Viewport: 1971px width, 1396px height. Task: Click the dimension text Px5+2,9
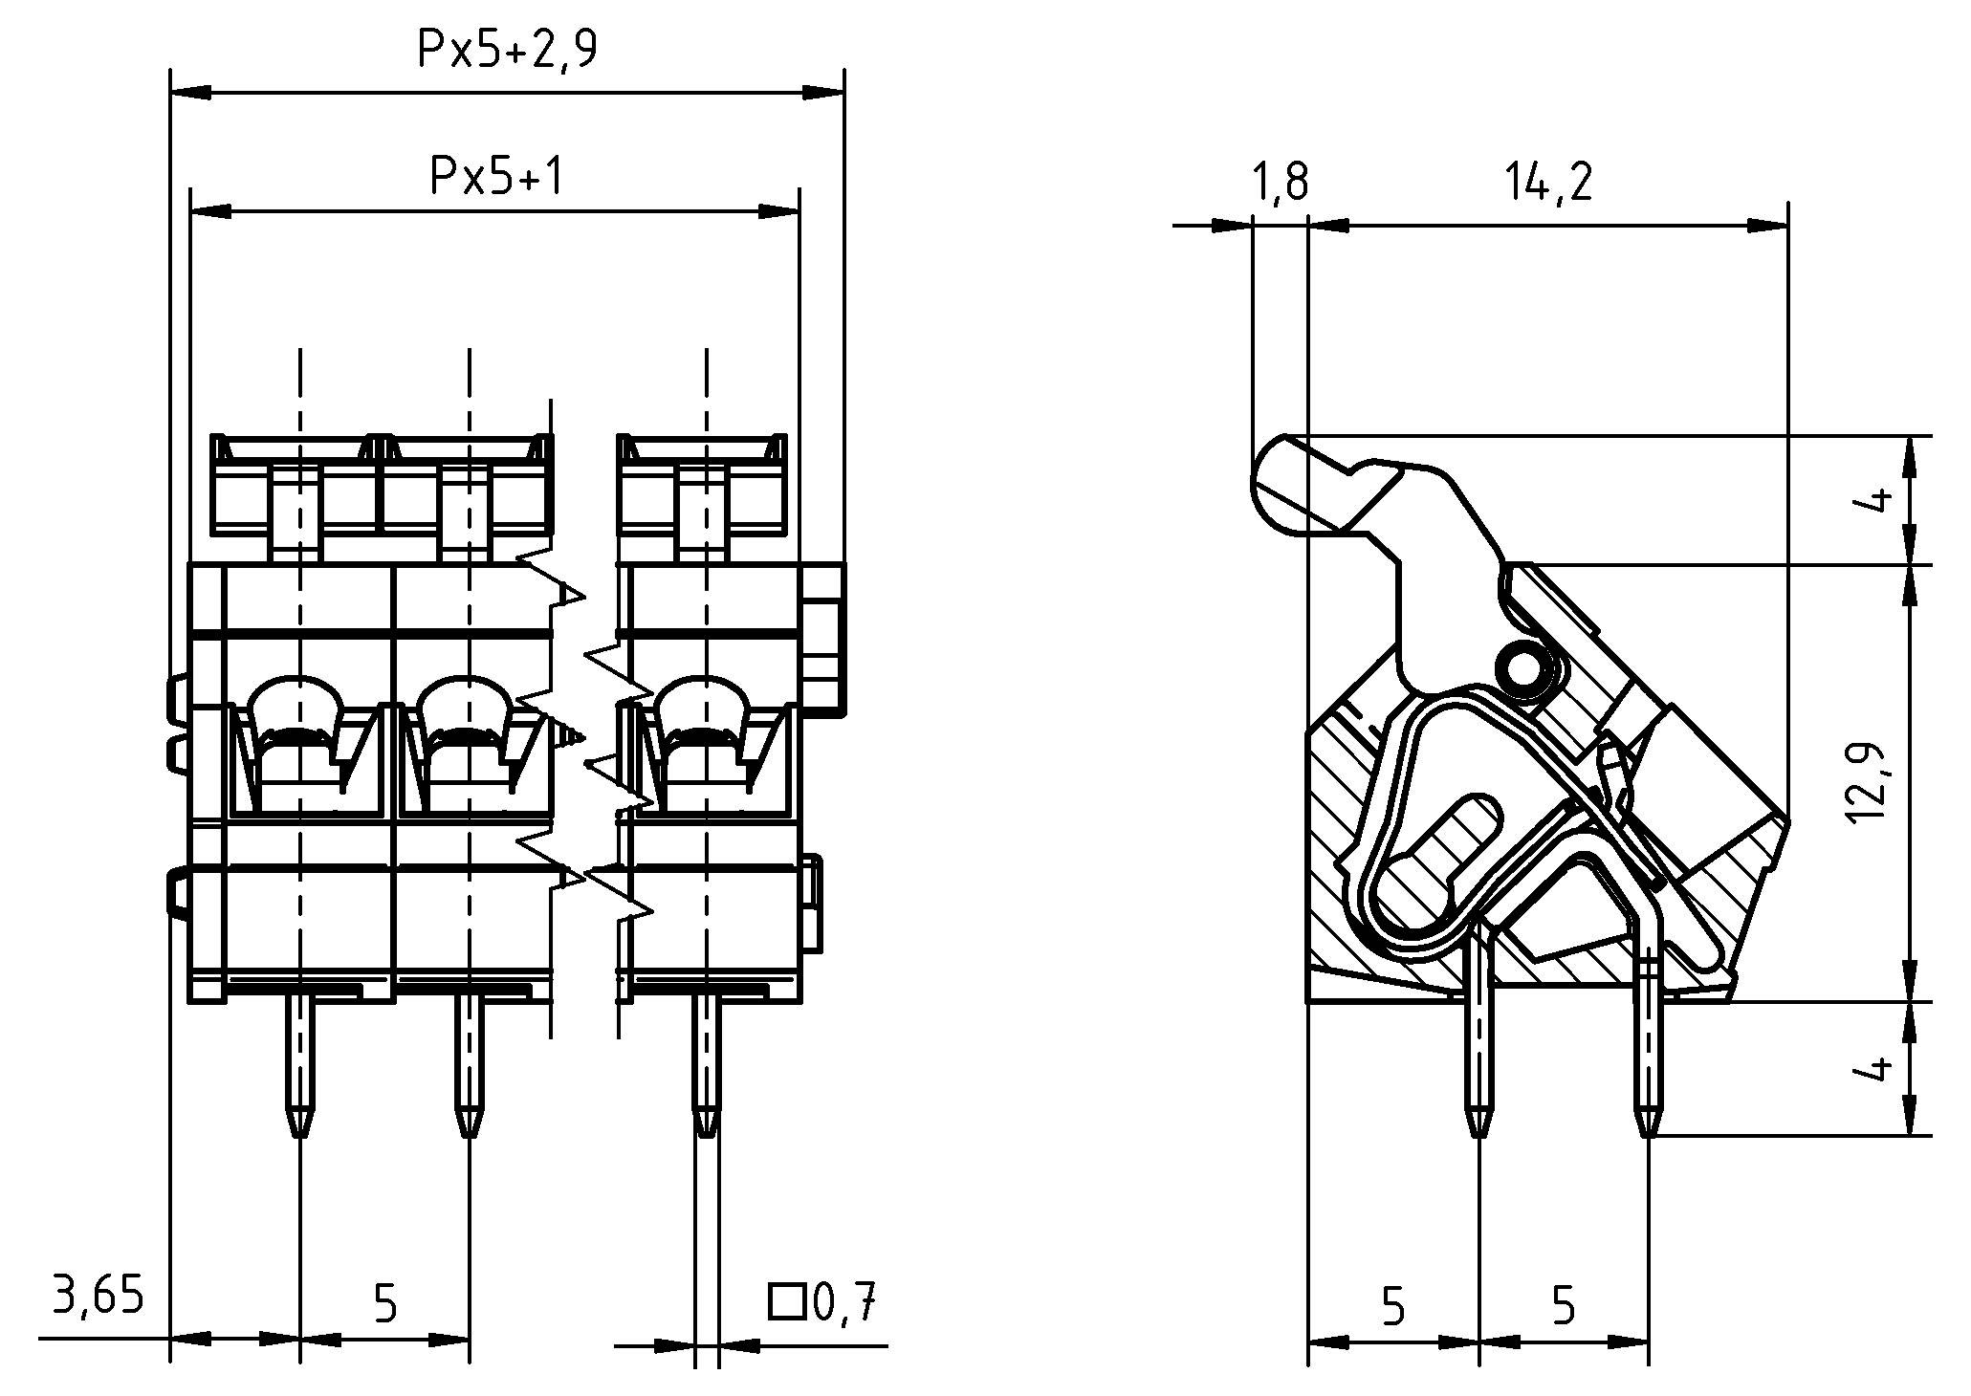[x=507, y=48]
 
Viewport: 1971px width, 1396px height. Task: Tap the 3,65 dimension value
[x=98, y=1297]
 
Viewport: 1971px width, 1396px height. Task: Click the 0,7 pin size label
[x=843, y=1302]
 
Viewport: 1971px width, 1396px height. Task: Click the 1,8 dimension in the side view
[x=1278, y=181]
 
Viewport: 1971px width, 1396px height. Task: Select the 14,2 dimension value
[x=1549, y=181]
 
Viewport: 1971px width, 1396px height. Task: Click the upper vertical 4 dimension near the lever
[x=1877, y=499]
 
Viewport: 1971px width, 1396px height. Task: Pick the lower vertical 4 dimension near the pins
[x=1877, y=1067]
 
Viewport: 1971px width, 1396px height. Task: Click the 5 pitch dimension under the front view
[x=385, y=1302]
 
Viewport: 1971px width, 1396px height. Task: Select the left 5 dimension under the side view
[x=1394, y=1306]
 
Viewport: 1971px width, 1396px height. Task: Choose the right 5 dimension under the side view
[x=1564, y=1306]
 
